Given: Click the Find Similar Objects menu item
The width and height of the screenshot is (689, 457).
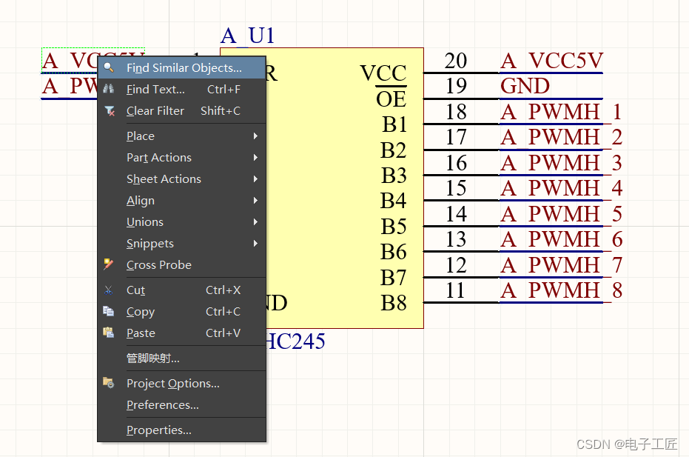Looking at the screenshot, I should pyautogui.click(x=184, y=68).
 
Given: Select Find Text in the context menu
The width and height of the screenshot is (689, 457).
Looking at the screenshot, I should pyautogui.click(x=155, y=90).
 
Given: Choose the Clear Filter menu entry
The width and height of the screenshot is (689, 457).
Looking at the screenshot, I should pyautogui.click(x=155, y=111).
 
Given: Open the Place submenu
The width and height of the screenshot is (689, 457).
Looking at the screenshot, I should pyautogui.click(x=141, y=136).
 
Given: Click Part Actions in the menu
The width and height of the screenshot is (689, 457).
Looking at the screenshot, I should pyautogui.click(x=158, y=158).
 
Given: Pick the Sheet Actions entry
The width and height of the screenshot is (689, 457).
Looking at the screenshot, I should pyautogui.click(x=164, y=179).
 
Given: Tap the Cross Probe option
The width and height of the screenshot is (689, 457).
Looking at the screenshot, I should pyautogui.click(x=158, y=265).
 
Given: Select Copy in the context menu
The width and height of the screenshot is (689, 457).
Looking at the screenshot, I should pyautogui.click(x=140, y=312).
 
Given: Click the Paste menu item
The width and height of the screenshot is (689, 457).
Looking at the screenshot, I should pyautogui.click(x=141, y=333).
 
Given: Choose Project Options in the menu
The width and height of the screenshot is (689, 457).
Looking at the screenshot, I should pyautogui.click(x=172, y=384).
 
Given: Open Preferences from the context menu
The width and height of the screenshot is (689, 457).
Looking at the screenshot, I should pyautogui.click(x=162, y=405).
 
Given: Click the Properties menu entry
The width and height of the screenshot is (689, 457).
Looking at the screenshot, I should pyautogui.click(x=158, y=430).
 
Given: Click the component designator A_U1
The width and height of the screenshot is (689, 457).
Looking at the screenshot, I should pyautogui.click(x=247, y=36).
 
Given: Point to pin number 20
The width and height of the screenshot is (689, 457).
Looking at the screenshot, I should pyautogui.click(x=456, y=61).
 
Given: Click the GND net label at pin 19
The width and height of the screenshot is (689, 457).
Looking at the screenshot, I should pyautogui.click(x=525, y=87).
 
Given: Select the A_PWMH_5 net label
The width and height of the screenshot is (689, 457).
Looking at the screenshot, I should pyautogui.click(x=561, y=214).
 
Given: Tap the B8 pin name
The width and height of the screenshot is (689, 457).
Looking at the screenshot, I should pyautogui.click(x=394, y=303).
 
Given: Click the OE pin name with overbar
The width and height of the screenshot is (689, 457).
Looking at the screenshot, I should pyautogui.click(x=391, y=99).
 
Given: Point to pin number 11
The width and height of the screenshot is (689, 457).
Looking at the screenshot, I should pyautogui.click(x=456, y=290).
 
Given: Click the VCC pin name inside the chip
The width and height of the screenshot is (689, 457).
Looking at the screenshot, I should pyautogui.click(x=383, y=73).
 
